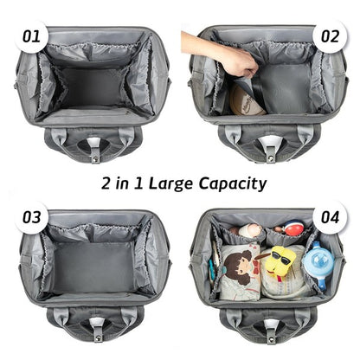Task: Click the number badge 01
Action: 31,36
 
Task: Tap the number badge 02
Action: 329,36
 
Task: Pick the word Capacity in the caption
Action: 231,183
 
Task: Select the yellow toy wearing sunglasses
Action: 282,264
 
